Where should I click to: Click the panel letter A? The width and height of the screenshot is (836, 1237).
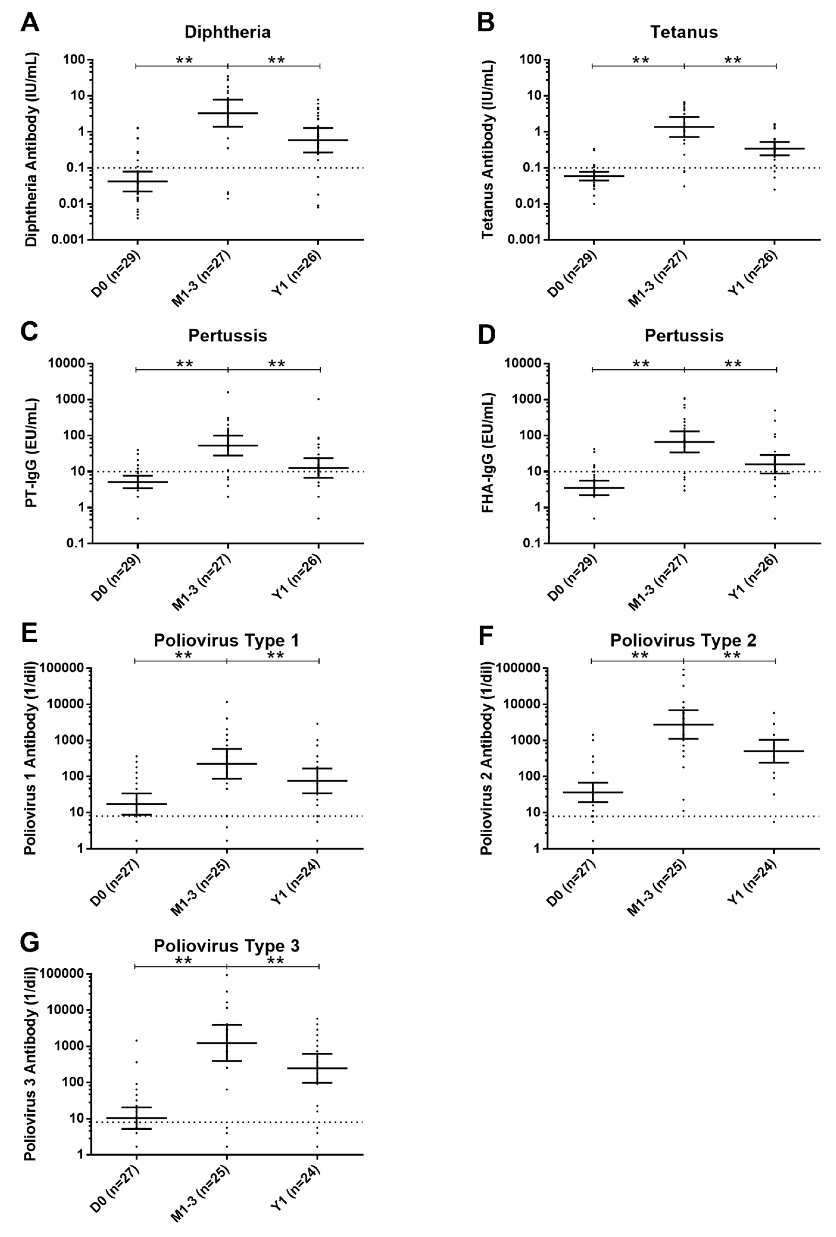(x=30, y=23)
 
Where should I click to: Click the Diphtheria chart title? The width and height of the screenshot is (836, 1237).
(x=227, y=32)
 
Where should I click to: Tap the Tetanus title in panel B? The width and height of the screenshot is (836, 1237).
(x=684, y=32)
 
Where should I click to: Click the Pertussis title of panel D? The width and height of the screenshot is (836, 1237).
(x=684, y=336)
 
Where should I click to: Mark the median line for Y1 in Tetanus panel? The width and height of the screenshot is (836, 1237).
(x=774, y=149)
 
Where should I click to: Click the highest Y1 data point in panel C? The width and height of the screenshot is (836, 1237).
(x=318, y=399)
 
